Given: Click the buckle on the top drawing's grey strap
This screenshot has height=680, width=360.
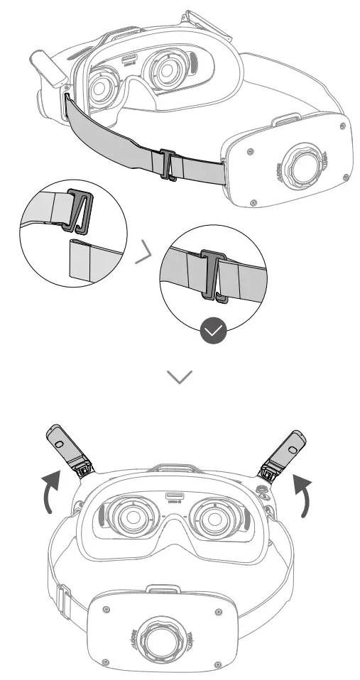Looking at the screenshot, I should point(168,165).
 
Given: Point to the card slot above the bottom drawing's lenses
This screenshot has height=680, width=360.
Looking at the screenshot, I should point(175,496).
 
